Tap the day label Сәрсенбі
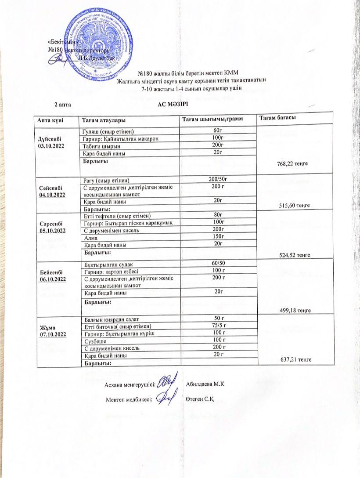point(51,223)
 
